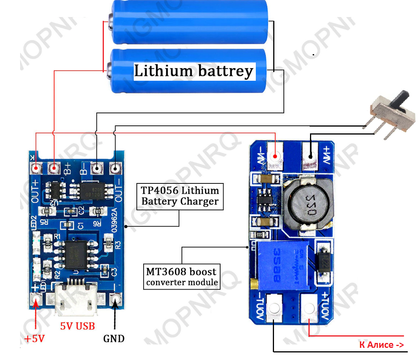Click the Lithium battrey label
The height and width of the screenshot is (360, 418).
point(194,71)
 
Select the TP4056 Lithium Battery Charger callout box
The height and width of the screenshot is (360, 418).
point(180,196)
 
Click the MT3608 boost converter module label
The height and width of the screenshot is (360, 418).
point(182,277)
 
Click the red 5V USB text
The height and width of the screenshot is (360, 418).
point(78,326)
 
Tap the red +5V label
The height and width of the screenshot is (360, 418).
point(34,338)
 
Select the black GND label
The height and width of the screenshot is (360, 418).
point(114,338)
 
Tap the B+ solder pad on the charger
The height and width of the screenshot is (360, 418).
point(54,167)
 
